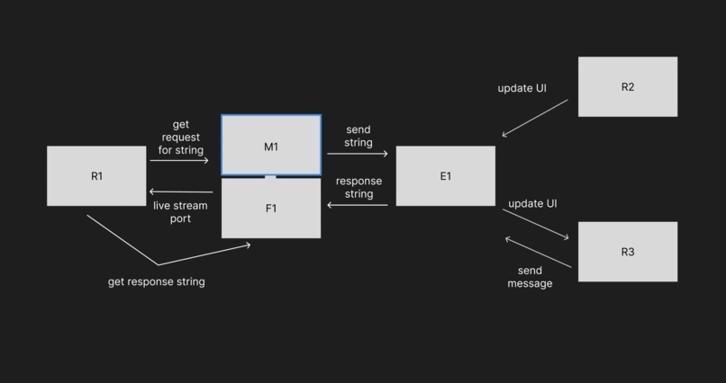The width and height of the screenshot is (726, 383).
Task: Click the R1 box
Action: tap(96, 176)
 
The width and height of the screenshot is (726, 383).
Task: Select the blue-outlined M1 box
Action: tap(271, 146)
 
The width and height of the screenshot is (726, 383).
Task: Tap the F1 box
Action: tap(271, 209)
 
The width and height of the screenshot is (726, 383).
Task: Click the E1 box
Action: tap(445, 176)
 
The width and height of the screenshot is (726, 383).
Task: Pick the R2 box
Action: tap(627, 87)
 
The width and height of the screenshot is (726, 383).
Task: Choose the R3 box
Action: tap(627, 252)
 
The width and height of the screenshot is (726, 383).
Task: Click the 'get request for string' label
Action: tap(180, 138)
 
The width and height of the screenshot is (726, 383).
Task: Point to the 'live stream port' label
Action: tap(180, 212)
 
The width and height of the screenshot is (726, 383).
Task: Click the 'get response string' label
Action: tap(157, 281)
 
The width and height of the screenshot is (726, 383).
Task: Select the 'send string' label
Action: tap(358, 137)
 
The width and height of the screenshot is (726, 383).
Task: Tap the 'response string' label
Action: tap(358, 187)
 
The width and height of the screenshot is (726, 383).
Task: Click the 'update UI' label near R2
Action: tap(522, 88)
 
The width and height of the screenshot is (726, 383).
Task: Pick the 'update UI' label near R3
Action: tap(532, 203)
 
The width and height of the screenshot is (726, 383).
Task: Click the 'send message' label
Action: tap(530, 277)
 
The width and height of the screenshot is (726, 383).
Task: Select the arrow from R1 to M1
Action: tap(179, 161)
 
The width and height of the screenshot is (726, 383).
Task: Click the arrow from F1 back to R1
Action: tap(181, 191)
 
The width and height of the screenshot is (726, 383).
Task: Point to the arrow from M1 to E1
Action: tap(358, 154)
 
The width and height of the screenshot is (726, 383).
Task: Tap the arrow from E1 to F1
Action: tap(358, 205)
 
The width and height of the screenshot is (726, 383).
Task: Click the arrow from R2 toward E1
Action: tap(535, 118)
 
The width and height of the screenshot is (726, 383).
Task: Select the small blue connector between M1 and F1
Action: tap(270, 177)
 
